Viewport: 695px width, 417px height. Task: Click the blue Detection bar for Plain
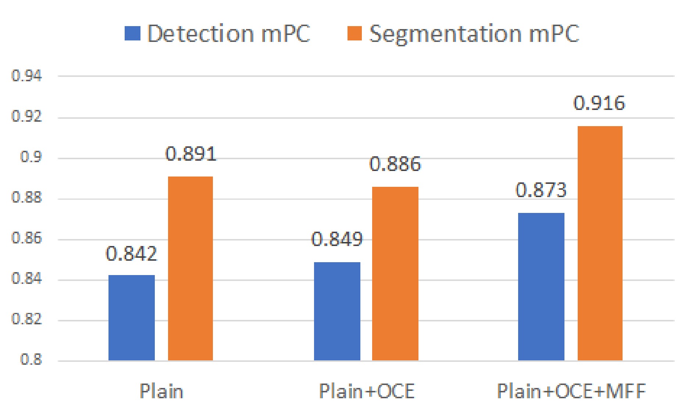(131, 318)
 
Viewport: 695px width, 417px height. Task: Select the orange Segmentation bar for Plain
(190, 268)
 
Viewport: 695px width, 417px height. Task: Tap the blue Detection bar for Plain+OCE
(337, 311)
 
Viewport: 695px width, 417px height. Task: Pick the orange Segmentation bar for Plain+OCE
(395, 274)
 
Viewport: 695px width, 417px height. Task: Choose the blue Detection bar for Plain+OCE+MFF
(541, 286)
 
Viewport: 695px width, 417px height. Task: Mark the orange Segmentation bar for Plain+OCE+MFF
(600, 243)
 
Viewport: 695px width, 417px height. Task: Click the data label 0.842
(131, 254)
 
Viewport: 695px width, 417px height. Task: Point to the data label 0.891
(191, 154)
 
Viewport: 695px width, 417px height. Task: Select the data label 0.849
(337, 239)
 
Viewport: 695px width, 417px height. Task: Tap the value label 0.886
(395, 164)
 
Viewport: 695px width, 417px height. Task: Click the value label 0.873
(541, 190)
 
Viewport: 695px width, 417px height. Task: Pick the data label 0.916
(599, 103)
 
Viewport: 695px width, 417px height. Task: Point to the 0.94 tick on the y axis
(26, 76)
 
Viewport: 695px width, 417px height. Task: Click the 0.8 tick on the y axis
(31, 359)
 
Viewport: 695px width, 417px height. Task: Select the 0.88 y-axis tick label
(26, 197)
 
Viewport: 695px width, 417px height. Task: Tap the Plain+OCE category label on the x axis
(367, 391)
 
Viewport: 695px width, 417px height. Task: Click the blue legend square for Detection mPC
(132, 33)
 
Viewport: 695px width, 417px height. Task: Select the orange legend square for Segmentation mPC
(354, 33)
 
